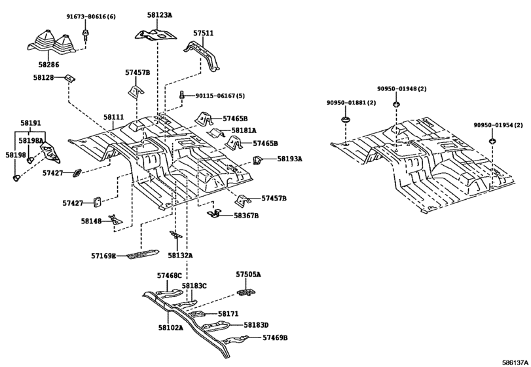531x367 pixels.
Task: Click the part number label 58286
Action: point(48,65)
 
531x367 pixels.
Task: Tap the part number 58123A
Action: point(160,15)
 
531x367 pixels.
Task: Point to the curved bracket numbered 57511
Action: point(202,56)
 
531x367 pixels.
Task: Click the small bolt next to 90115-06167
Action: point(182,95)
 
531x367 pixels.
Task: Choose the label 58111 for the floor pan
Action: point(114,117)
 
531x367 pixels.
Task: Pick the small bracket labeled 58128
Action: point(71,79)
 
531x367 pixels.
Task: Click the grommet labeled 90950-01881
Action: point(346,120)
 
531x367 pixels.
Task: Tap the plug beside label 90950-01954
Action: point(492,141)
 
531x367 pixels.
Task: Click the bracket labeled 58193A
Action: point(258,160)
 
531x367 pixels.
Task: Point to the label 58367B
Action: point(246,216)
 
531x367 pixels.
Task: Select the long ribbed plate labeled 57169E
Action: point(143,254)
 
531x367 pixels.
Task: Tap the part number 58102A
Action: point(170,328)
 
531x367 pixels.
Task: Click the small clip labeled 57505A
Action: point(247,292)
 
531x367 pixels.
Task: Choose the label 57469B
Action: point(275,338)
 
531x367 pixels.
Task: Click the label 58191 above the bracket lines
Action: point(31,123)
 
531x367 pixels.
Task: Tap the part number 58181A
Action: point(244,130)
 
